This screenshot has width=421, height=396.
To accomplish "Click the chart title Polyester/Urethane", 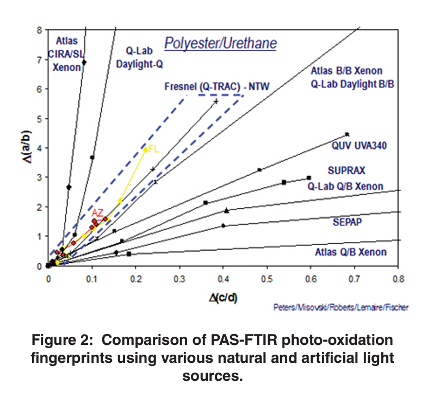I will click(x=221, y=44).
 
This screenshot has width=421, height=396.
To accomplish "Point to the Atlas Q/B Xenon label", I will click(x=351, y=252).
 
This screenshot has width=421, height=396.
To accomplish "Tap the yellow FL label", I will click(x=153, y=150).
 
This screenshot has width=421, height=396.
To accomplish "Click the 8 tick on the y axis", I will click(x=39, y=30).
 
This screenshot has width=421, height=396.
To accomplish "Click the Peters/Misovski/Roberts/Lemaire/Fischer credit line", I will click(x=342, y=307).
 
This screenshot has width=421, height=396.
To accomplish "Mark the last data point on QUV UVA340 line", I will click(x=347, y=134).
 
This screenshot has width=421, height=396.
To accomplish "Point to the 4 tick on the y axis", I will click(x=39, y=148).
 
